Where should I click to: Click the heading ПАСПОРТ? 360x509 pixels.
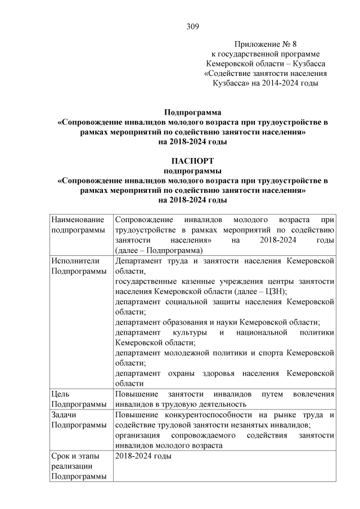click(192, 161)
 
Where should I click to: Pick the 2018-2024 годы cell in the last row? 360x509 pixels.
click(143, 456)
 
